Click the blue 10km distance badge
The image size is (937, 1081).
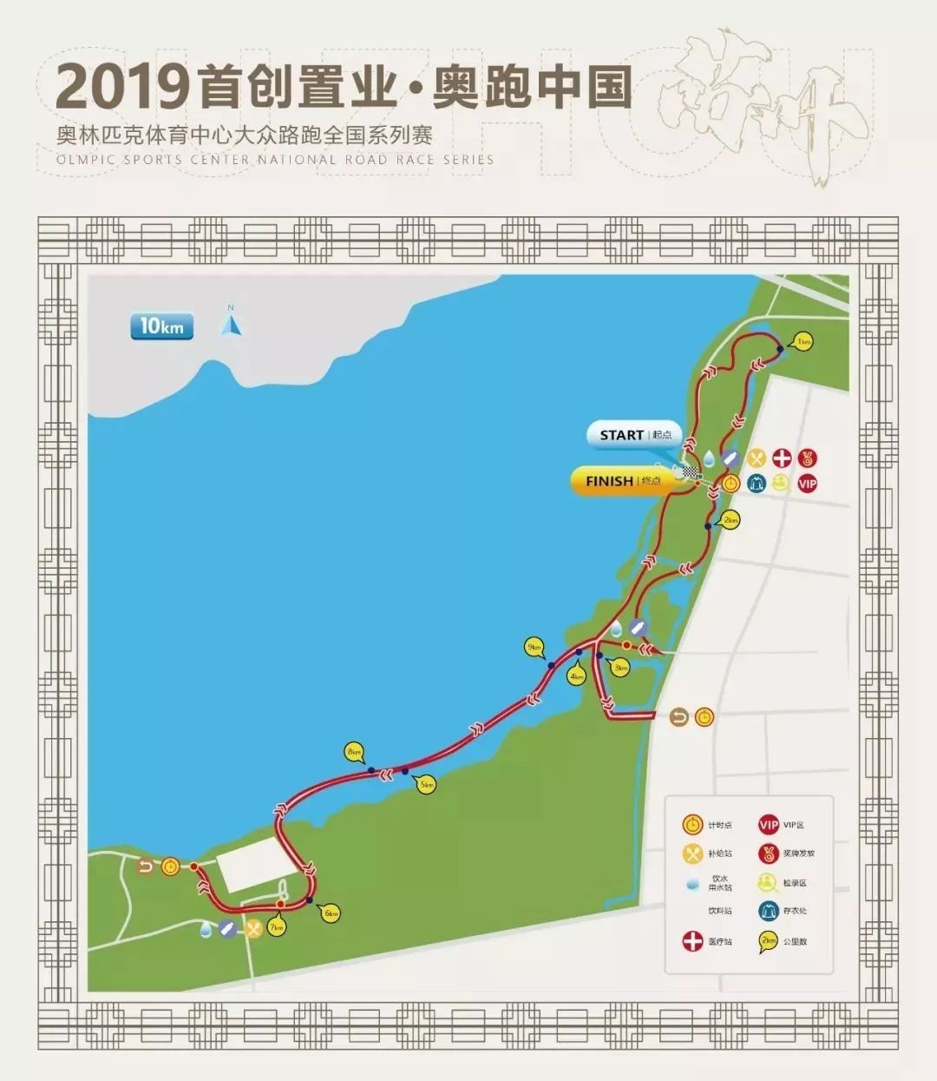161,326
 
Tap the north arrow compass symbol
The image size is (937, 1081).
231,323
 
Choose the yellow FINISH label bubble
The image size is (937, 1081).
623,481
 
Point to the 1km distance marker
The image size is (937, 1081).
803,341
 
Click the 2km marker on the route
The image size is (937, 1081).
731,520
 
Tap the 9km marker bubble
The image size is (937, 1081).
533,648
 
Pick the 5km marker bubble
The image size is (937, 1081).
426,785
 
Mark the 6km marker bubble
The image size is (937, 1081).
330,913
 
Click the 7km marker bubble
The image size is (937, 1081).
277,928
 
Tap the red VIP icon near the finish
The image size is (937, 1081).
807,484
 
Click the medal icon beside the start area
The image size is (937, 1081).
807,458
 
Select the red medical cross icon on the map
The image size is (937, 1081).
782,458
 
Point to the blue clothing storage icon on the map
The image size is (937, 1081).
756,484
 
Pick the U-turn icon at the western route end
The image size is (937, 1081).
146,866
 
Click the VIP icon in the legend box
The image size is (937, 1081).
768,825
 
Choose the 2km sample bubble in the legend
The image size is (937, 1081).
768,940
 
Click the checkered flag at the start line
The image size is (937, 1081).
689,471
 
